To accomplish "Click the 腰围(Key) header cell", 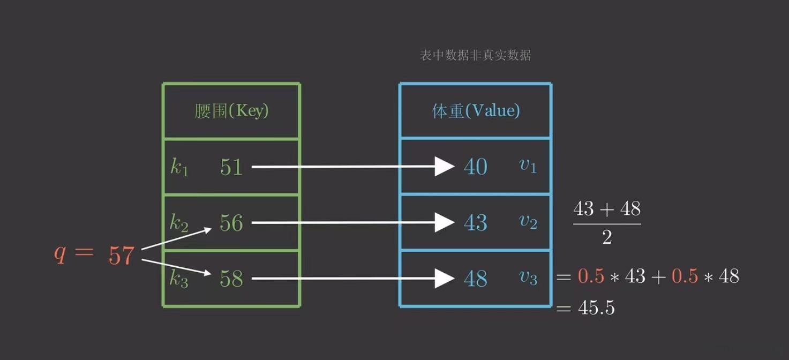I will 231,111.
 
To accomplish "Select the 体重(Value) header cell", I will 476,111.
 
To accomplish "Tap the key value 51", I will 231,167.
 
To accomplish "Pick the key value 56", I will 231,223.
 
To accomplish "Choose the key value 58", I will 231,279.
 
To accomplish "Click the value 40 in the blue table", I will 476,167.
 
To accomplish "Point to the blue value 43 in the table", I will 476,223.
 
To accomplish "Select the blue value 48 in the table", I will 476,279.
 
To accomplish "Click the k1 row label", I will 179,168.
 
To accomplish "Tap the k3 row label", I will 179,280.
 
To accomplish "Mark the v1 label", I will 528,166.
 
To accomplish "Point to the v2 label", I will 528,222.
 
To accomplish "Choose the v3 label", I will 528,277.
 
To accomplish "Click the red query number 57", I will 121,256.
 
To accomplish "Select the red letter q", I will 60,254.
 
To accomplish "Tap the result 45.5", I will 596,308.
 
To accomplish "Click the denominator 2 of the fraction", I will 607,237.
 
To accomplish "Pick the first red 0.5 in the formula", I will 591,276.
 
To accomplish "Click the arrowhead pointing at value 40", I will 445,167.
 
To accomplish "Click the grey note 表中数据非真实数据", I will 476,56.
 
